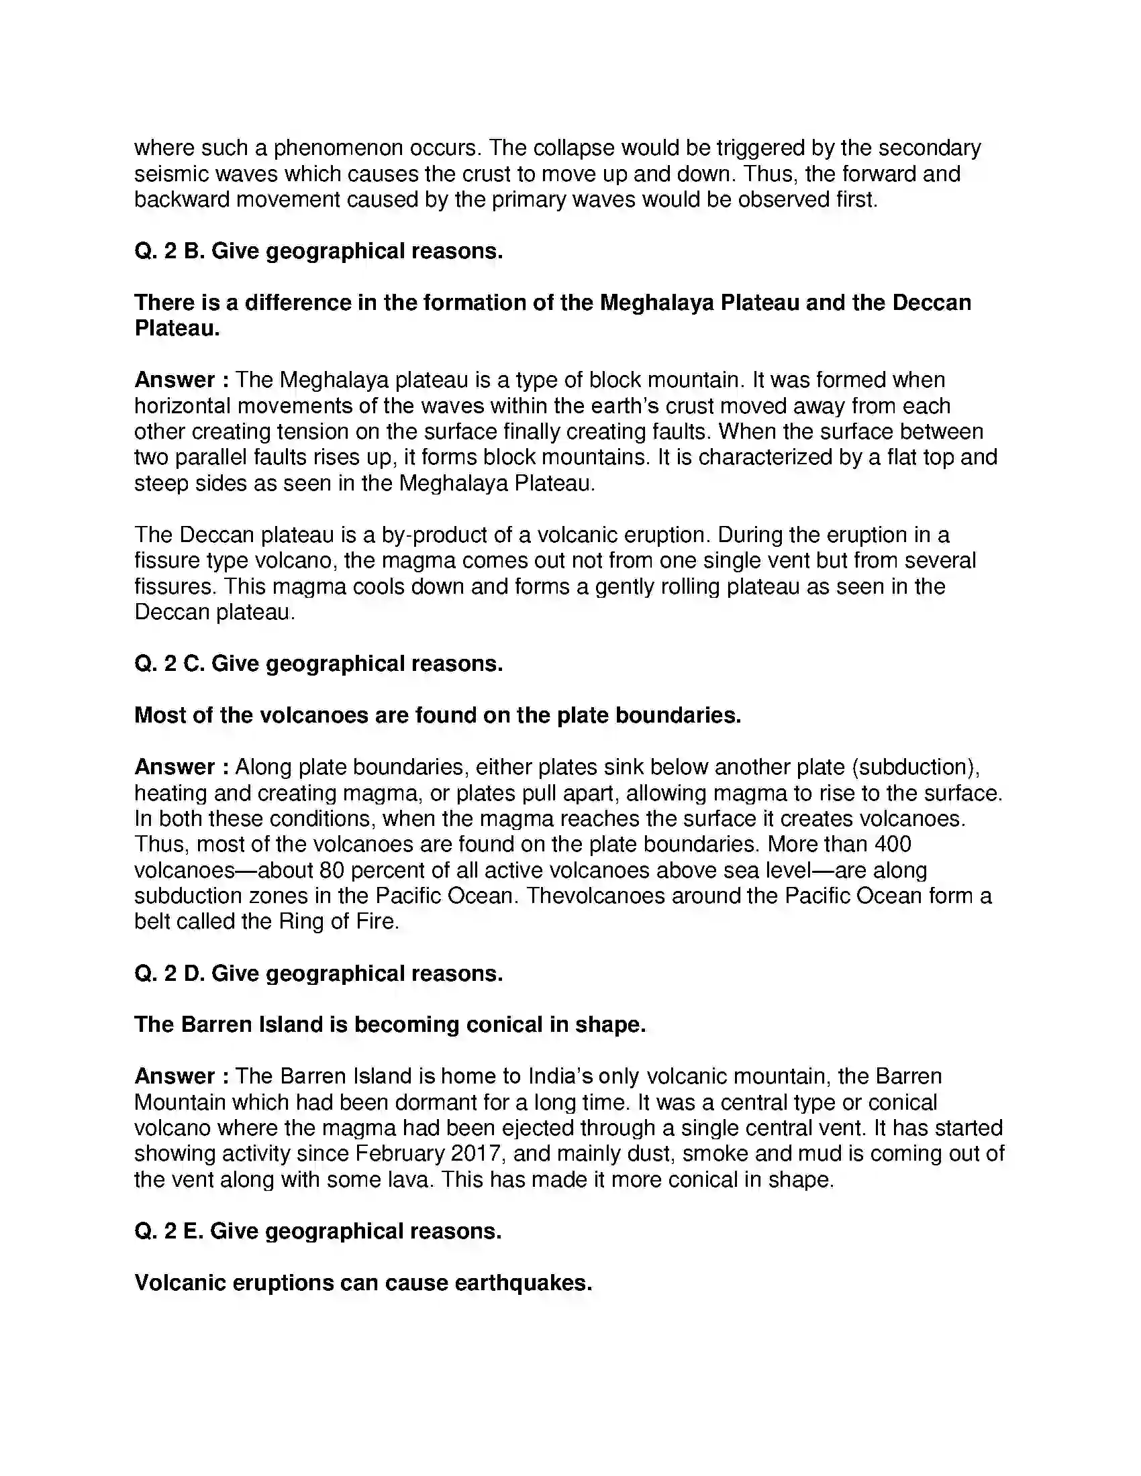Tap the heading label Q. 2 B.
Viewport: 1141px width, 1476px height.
click(x=168, y=251)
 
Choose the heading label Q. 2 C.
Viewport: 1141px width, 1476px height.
click(x=168, y=663)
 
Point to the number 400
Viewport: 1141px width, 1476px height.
click(x=892, y=843)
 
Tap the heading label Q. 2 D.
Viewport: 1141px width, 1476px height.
click(x=168, y=973)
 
